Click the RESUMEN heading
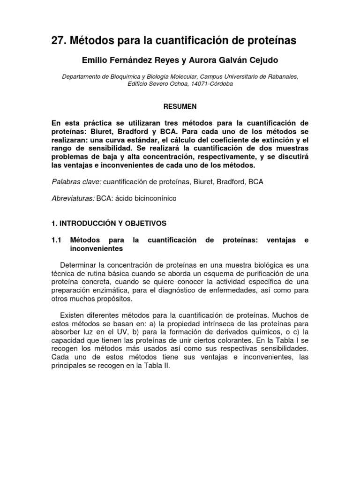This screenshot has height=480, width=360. (180, 106)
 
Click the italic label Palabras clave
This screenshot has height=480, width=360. (76, 181)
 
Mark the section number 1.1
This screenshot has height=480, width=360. (56, 240)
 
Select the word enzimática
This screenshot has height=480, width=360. (116, 290)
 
